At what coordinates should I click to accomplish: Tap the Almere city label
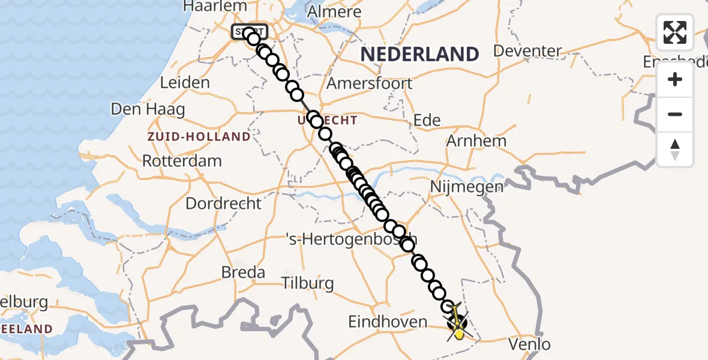334,11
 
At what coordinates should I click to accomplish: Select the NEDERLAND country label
419,54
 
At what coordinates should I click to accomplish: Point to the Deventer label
527,51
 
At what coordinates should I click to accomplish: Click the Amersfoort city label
370,83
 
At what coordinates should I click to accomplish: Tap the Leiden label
185,83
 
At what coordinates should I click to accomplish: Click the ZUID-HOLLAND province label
199,136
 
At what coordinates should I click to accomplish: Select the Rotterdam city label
182,161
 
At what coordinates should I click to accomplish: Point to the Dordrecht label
223,203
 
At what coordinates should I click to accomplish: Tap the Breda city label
243,272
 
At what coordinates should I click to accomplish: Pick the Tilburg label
308,283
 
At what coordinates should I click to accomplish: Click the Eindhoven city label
388,322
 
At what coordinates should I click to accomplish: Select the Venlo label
529,344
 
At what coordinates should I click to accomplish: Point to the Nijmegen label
467,187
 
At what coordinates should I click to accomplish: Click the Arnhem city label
476,141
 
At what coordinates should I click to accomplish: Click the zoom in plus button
675,80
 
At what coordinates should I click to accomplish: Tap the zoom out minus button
675,115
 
